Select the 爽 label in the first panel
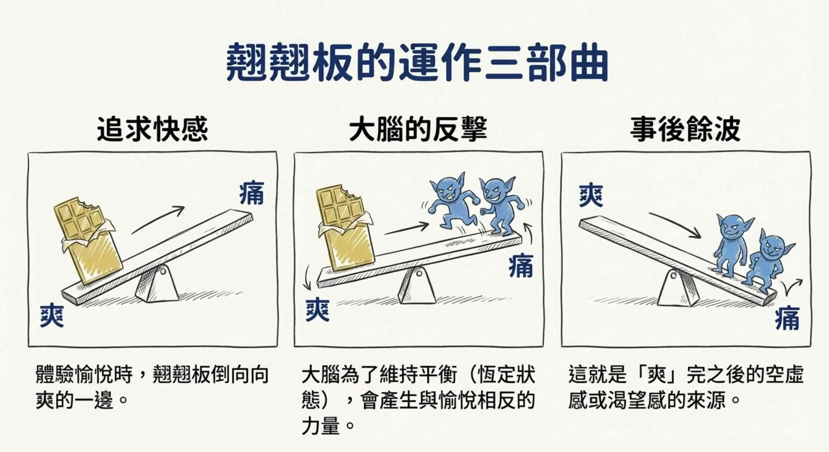52,316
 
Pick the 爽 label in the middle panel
317,310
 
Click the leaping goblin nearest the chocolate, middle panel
450,201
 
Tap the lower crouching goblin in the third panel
767,264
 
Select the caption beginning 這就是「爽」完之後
686,387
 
